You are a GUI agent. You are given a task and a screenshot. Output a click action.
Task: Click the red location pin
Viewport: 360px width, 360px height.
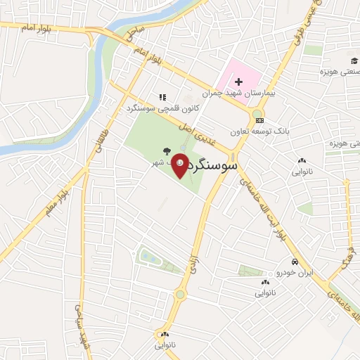(180, 166)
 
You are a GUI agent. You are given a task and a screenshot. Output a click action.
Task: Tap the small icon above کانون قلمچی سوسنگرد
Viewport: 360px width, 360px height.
(162, 98)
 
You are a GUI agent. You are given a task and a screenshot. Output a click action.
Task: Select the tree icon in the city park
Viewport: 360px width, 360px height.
(166, 150)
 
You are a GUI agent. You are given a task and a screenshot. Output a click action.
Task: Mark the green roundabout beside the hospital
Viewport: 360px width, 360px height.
(257, 114)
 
